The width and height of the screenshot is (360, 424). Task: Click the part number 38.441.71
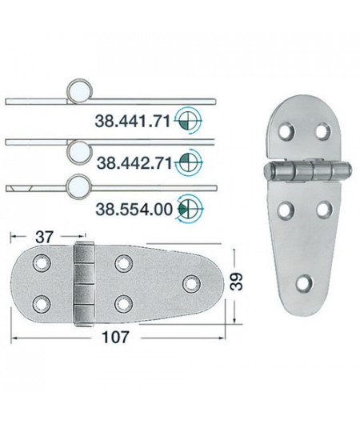point(132,122)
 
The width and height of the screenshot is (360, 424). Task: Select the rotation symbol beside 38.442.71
point(189,162)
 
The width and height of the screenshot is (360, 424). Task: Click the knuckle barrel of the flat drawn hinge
point(83,279)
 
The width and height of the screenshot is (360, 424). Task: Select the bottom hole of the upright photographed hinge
point(303,282)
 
